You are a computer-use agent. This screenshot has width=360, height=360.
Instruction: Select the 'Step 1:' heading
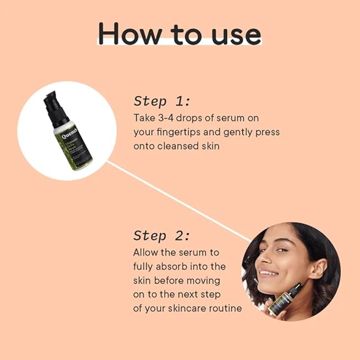162,101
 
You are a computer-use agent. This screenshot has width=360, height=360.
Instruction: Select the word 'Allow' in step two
144,252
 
